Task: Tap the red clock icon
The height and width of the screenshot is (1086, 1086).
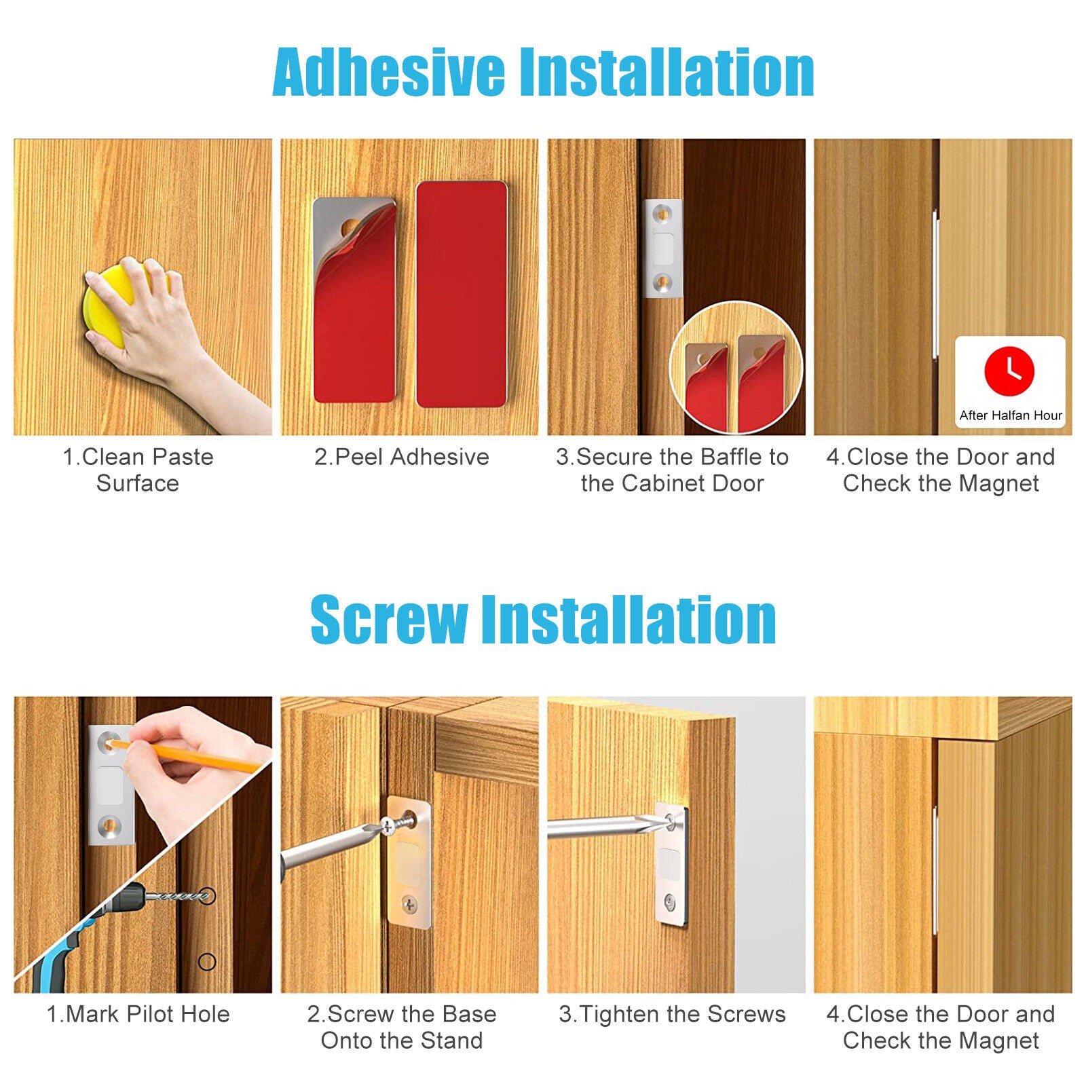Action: pyautogui.click(x=1009, y=371)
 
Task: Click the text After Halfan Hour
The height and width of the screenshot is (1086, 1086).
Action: pyautogui.click(x=1011, y=415)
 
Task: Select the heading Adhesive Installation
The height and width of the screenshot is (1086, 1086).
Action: pyautogui.click(x=543, y=73)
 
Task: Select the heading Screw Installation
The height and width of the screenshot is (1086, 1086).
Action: pyautogui.click(x=543, y=619)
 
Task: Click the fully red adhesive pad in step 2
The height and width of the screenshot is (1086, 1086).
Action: pyautogui.click(x=462, y=294)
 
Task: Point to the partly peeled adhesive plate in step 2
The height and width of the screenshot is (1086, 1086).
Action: pyautogui.click(x=354, y=299)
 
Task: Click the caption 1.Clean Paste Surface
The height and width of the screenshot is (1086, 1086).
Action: pyautogui.click(x=138, y=470)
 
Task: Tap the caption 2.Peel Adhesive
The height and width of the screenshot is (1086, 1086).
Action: pyautogui.click(x=402, y=457)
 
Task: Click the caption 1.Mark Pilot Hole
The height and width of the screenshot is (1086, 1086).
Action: pyautogui.click(x=138, y=1014)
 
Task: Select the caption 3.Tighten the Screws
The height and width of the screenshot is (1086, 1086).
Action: pyautogui.click(x=672, y=1014)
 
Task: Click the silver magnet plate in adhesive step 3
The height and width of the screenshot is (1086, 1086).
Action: pyautogui.click(x=662, y=248)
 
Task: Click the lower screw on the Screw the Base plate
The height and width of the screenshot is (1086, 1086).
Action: pyautogui.click(x=409, y=903)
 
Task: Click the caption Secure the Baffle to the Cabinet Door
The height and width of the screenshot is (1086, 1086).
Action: pyautogui.click(x=672, y=470)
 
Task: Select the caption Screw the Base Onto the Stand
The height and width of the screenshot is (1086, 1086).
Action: pyautogui.click(x=402, y=1027)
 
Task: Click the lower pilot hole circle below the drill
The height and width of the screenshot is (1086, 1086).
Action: pyautogui.click(x=207, y=961)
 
